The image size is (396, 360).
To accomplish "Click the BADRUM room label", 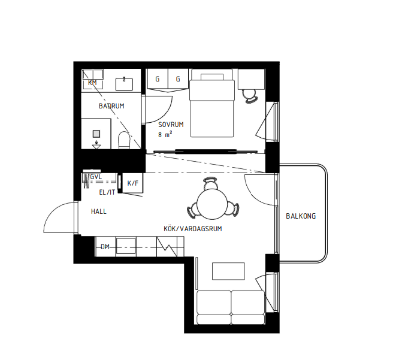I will point(111,106).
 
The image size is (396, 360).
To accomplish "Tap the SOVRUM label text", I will point(171,125).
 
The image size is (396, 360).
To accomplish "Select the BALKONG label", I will point(301,216).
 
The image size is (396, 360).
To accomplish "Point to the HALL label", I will point(99,211).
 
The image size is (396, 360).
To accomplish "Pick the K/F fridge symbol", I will point(132,183).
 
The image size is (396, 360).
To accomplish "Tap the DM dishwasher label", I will point(105,247).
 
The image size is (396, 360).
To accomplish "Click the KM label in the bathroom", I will point(92,82).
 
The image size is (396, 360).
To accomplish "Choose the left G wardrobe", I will point(158,79).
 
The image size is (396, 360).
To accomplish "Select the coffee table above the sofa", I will point(229,271).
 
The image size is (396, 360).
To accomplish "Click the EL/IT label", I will point(106,192).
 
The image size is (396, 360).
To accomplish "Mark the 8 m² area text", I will point(165,135).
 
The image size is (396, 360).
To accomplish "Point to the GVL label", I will point(95,177).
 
